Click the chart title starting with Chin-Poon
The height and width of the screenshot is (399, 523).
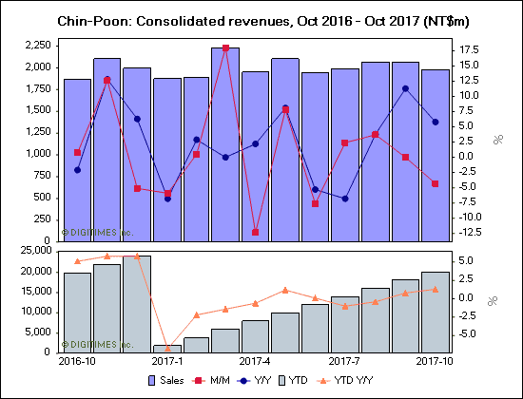tap(261, 20)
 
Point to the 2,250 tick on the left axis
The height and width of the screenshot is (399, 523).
tap(37, 45)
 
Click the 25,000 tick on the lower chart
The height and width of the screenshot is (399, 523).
tap(33, 251)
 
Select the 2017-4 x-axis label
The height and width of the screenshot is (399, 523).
tap(255, 362)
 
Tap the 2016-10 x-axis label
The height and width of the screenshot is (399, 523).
tap(77, 362)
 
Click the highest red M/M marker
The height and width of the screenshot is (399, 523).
tap(225, 47)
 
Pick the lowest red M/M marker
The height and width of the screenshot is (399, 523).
tap(255, 232)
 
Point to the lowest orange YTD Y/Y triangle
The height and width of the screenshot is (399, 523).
tap(166, 348)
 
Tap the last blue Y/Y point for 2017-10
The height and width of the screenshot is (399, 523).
tap(435, 122)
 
